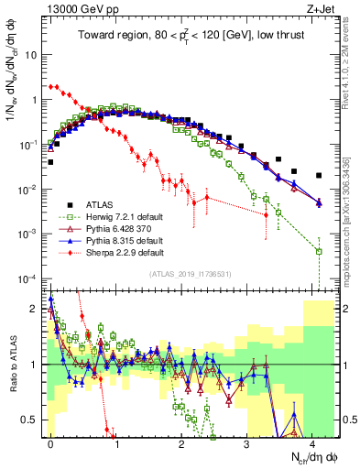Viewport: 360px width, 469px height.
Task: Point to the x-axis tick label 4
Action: click(312, 441)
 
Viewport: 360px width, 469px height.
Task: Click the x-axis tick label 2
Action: click(181, 441)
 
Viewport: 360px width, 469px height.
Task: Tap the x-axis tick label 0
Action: click(50, 441)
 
